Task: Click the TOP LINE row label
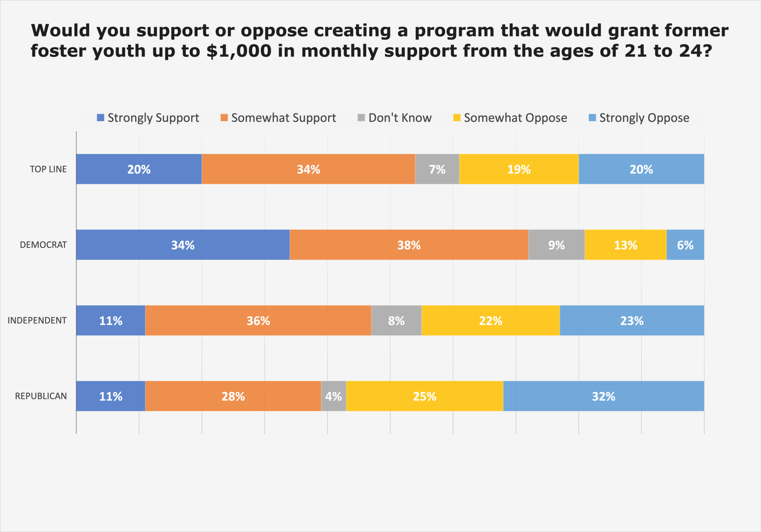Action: tap(48, 169)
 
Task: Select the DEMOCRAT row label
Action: tap(43, 245)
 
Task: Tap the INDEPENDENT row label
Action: tap(37, 320)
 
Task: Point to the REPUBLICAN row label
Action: tap(41, 396)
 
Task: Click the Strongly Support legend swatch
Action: tap(100, 118)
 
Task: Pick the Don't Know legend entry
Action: tap(395, 118)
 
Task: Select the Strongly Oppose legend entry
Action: tap(639, 118)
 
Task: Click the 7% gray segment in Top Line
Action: tap(437, 169)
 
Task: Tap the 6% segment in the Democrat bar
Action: tap(685, 245)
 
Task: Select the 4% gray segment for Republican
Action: tap(333, 396)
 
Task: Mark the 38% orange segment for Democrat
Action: tap(409, 245)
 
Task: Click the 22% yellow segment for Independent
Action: tap(490, 320)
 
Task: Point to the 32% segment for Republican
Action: tap(603, 396)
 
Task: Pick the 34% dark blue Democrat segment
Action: tap(182, 245)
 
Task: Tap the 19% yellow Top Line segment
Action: tap(519, 169)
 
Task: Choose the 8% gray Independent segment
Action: tap(396, 320)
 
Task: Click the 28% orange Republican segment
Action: tap(233, 396)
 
